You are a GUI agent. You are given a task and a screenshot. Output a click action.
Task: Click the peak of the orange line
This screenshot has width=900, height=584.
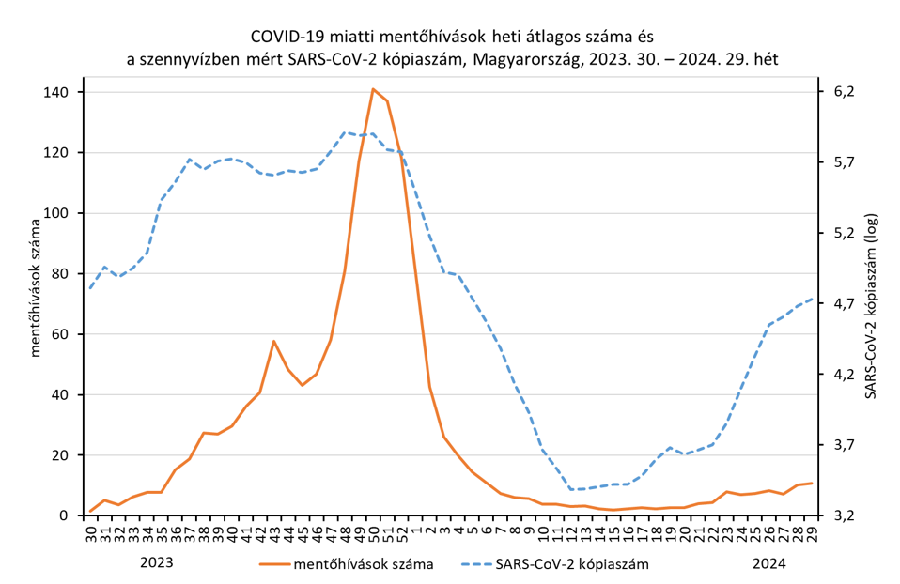(x=373, y=89)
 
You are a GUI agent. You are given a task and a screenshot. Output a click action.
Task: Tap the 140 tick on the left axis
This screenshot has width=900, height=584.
(x=57, y=92)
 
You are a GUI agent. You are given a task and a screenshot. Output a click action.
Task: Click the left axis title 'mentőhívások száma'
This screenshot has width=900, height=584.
(x=37, y=288)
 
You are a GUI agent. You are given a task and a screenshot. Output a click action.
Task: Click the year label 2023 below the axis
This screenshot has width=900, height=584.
(x=157, y=563)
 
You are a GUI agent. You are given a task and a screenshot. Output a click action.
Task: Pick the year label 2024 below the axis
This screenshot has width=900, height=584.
(x=768, y=563)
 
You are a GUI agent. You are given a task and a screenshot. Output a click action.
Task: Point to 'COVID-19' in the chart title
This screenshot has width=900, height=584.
(x=284, y=38)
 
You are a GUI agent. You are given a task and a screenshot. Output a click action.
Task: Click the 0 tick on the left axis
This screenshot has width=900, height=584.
(x=64, y=515)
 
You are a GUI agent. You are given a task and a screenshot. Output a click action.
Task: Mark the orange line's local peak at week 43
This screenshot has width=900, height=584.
(x=273, y=341)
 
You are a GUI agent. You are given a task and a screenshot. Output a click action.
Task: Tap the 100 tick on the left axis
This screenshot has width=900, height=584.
(x=57, y=213)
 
